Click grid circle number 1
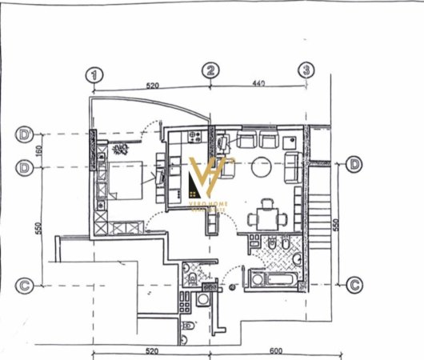(x=96, y=74)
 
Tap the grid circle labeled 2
(x=210, y=71)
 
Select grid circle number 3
(x=306, y=70)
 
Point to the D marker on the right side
(x=355, y=166)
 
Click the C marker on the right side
(x=355, y=283)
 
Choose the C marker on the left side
(x=25, y=284)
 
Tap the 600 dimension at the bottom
(x=276, y=350)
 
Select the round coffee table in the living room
(x=261, y=167)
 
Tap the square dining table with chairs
(x=265, y=218)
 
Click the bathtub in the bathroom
(x=274, y=279)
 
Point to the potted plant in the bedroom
(x=122, y=148)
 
